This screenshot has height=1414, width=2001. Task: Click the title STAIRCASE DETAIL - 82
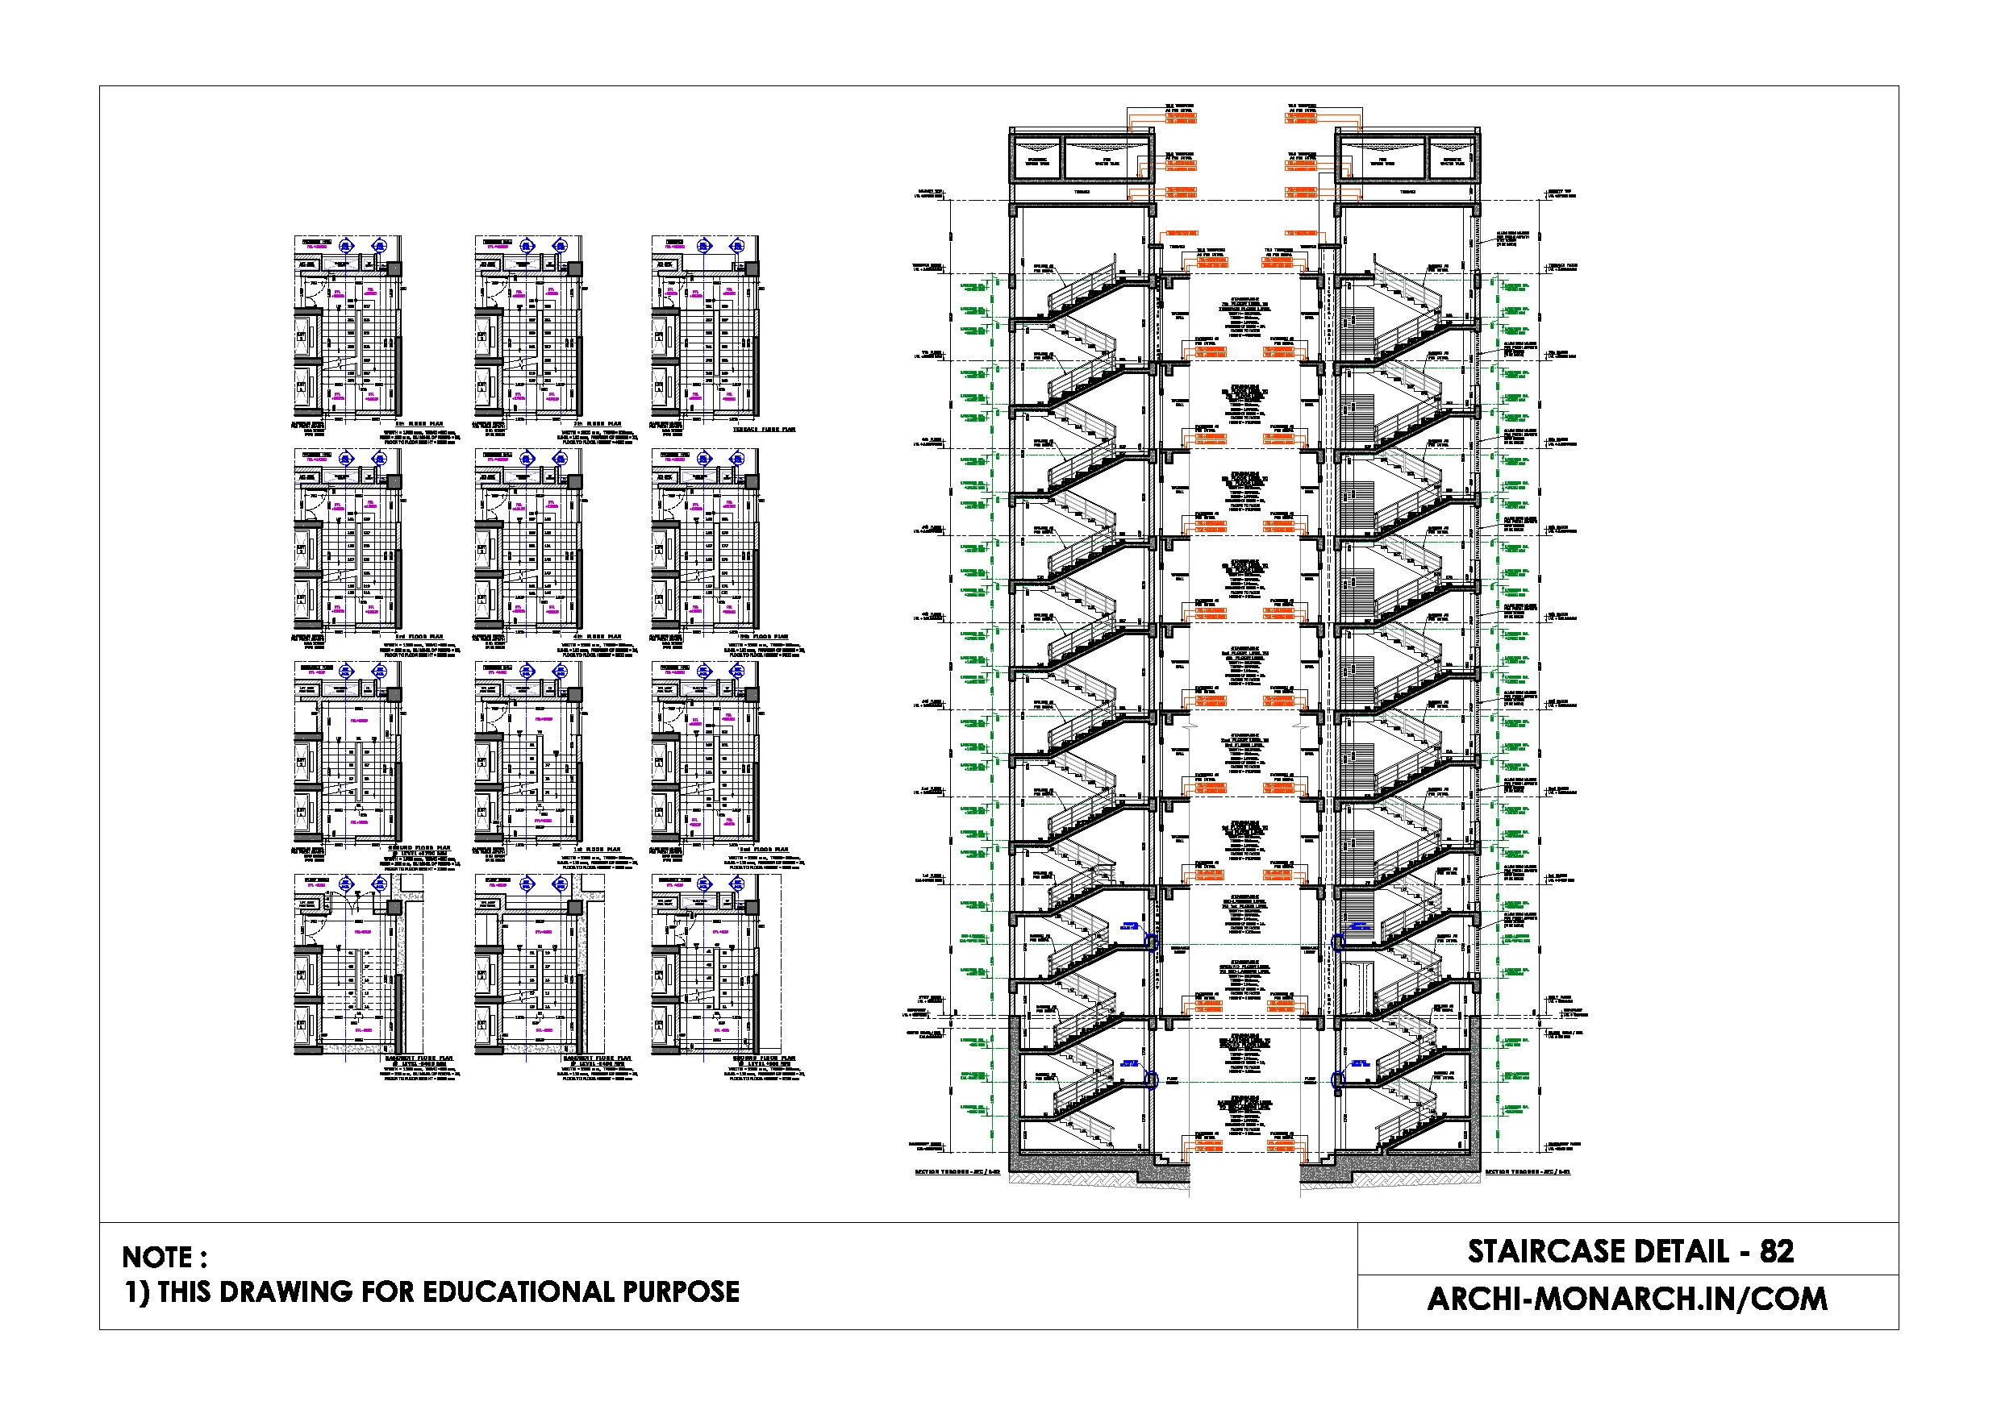click(x=1630, y=1252)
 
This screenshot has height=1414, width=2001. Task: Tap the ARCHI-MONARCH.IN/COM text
click(x=1626, y=1299)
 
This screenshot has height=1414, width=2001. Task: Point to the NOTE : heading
click(x=165, y=1257)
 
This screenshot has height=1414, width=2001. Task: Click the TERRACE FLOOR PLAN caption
click(x=764, y=430)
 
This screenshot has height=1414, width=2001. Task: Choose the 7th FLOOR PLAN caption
click(x=597, y=424)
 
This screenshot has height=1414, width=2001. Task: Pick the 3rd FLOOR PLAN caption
click(x=419, y=637)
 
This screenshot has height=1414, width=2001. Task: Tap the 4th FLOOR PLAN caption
click(x=597, y=637)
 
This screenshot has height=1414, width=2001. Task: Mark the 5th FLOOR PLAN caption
click(x=764, y=637)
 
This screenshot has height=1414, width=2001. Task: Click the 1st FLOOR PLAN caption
click(x=597, y=850)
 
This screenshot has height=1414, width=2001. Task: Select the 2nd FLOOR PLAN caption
click(x=764, y=850)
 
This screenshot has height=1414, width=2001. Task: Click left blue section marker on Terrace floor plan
click(x=706, y=246)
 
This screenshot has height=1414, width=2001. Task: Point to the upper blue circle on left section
click(x=1150, y=942)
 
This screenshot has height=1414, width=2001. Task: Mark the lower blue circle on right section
click(x=1340, y=1080)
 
